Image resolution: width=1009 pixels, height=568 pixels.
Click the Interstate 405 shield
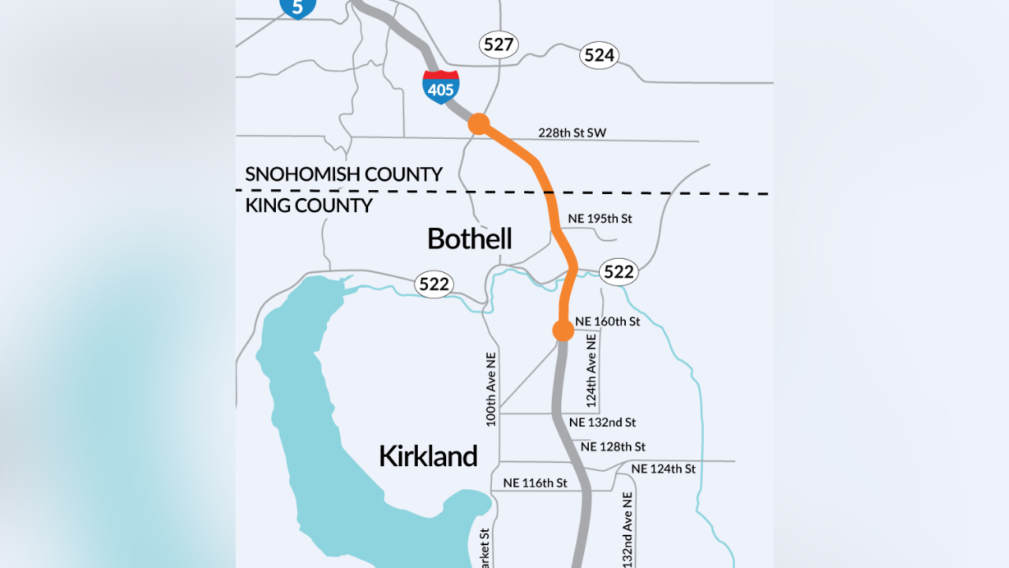(x=441, y=87)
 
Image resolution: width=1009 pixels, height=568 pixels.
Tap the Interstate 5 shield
(x=297, y=6)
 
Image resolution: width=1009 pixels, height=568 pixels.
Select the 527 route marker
(x=498, y=45)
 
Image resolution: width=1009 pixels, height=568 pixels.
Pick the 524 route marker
(x=599, y=55)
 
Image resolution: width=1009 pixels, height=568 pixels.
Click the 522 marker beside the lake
(x=434, y=285)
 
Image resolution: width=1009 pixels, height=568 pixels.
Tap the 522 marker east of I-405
(x=618, y=272)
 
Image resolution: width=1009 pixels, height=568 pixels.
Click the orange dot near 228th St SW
(x=478, y=124)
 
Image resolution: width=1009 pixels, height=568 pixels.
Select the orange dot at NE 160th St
(x=563, y=331)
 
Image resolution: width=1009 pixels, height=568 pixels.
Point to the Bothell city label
(x=469, y=238)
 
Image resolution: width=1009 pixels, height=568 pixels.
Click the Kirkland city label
(x=428, y=456)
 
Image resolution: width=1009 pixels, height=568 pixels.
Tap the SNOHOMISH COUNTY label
(x=344, y=174)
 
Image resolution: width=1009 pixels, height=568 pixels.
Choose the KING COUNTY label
(x=309, y=206)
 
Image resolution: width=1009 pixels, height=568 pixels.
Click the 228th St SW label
(x=572, y=133)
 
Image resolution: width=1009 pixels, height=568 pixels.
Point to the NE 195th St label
(x=600, y=219)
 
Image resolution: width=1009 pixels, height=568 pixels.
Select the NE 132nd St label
(x=602, y=423)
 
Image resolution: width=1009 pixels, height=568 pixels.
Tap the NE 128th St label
(x=612, y=447)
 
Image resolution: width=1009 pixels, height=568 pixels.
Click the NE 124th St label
(x=663, y=469)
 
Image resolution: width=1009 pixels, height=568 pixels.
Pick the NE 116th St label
(x=535, y=483)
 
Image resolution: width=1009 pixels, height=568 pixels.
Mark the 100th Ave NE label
(x=491, y=389)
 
